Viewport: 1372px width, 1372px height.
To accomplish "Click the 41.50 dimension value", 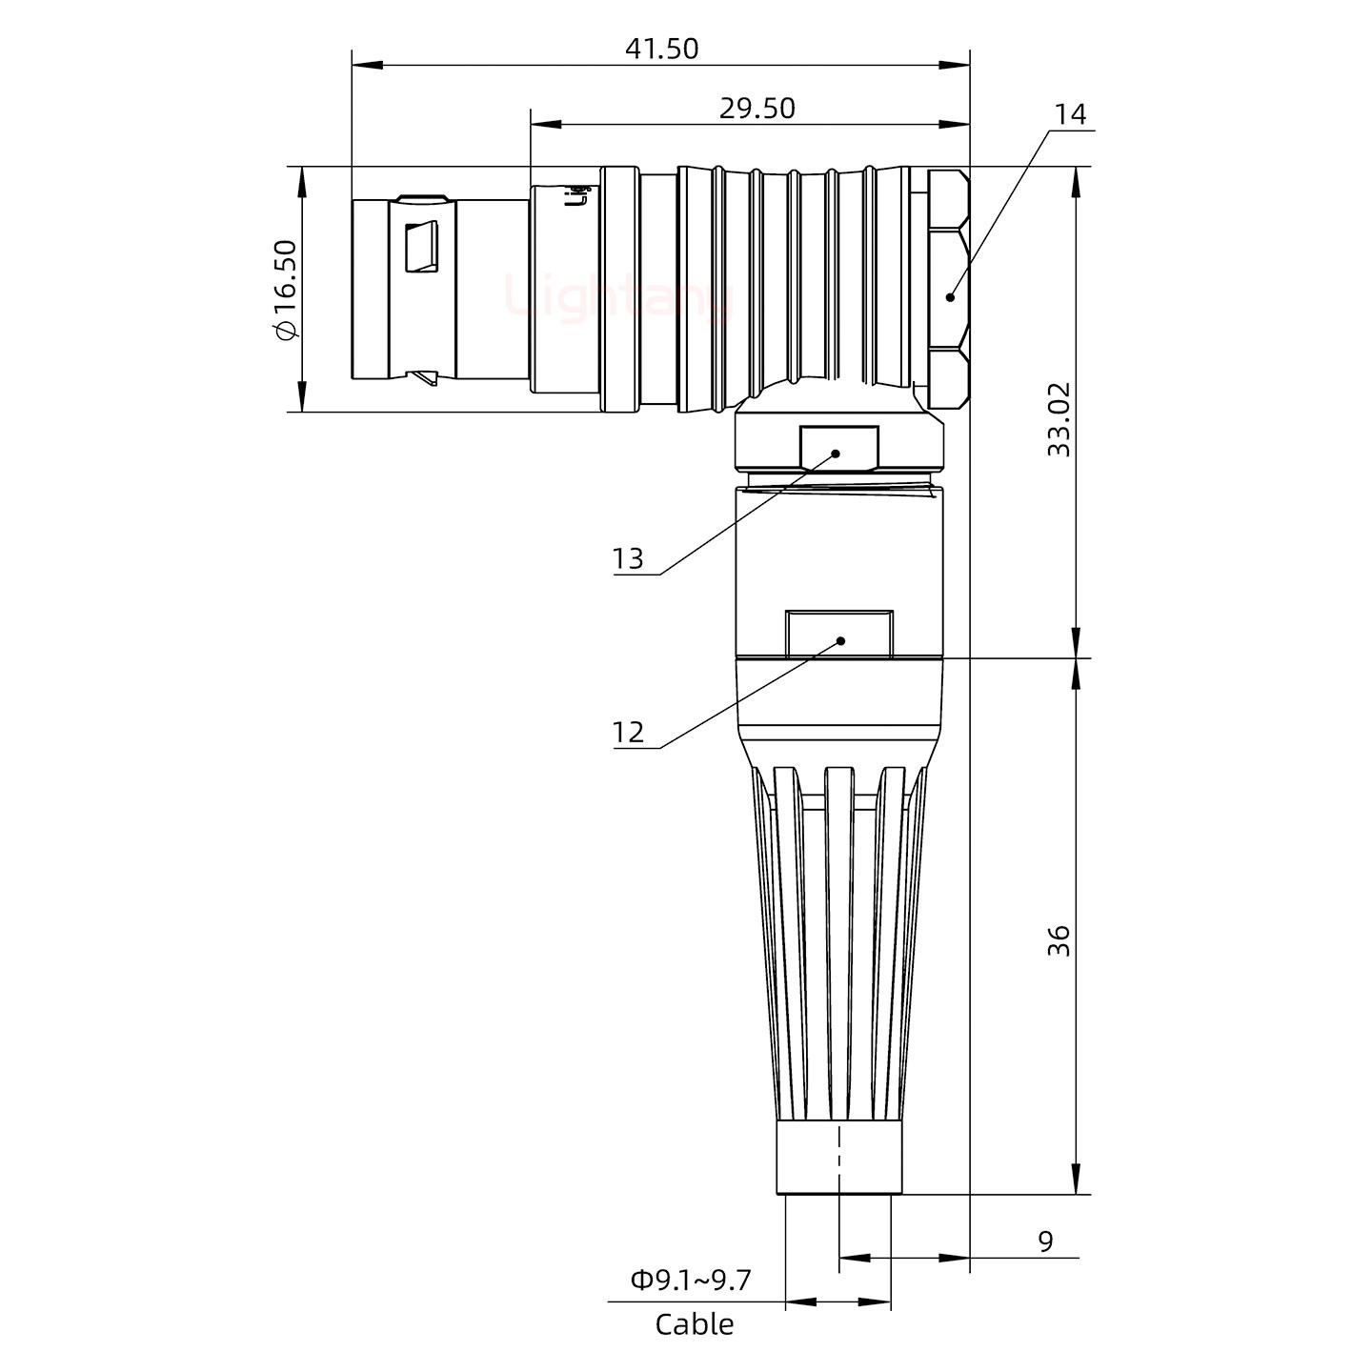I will [x=661, y=49].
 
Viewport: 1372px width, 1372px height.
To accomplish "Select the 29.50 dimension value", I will [x=757, y=109].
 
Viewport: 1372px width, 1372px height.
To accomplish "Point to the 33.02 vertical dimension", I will [x=1059, y=419].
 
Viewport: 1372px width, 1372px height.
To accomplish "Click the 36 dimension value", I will [x=1059, y=940].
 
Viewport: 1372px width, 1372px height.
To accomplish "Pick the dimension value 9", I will [x=1045, y=1242].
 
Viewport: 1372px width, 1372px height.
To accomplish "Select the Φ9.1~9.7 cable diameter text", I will [x=691, y=1281].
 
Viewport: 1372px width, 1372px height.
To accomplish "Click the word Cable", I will [x=695, y=1324].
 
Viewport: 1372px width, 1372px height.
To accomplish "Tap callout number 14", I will [x=1070, y=114].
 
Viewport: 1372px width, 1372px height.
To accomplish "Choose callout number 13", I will [x=628, y=558].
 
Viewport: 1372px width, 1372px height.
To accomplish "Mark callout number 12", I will [x=628, y=733].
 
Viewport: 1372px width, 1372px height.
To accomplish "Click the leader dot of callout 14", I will [x=950, y=296].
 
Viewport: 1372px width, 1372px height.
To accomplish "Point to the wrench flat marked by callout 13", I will [x=838, y=449].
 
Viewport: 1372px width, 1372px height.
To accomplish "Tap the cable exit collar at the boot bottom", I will [x=838, y=1158].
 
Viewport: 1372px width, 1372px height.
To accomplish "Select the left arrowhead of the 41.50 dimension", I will [x=367, y=66].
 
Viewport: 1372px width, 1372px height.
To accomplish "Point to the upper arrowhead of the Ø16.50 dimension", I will [x=302, y=181].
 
